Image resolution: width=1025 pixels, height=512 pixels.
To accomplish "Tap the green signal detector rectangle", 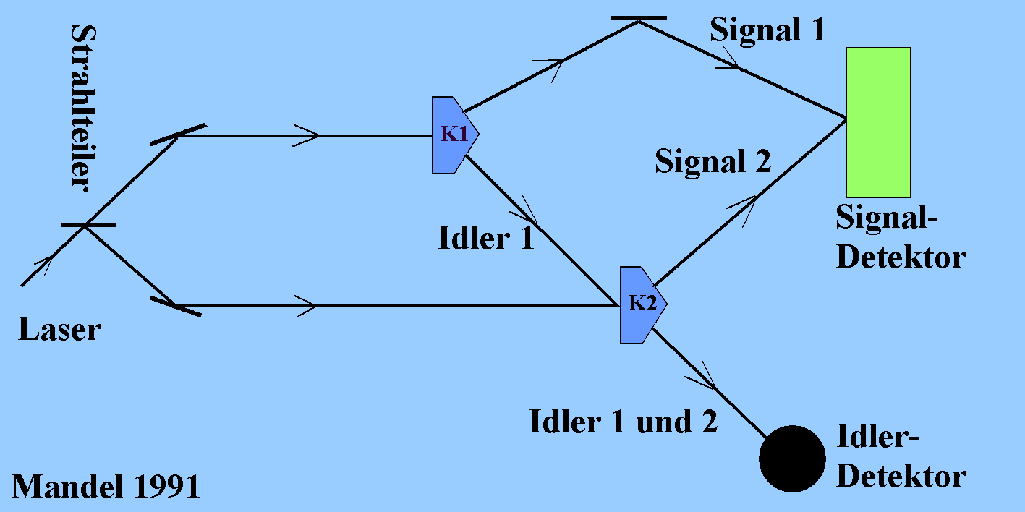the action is pyautogui.click(x=879, y=123).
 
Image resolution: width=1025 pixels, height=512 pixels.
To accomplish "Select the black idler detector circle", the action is pyautogui.click(x=792, y=459).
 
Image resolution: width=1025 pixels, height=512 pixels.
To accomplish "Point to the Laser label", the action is pyautogui.click(x=59, y=329).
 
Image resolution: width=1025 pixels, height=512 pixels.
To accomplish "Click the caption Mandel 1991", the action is pyautogui.click(x=106, y=486).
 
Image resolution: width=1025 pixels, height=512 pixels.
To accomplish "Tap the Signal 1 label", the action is pyautogui.click(x=767, y=31).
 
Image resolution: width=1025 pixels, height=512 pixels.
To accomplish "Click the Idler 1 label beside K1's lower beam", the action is pyautogui.click(x=486, y=238).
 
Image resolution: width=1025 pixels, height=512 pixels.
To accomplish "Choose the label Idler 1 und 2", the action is pyautogui.click(x=624, y=422).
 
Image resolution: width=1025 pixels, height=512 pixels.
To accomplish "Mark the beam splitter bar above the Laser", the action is pyautogui.click(x=88, y=225).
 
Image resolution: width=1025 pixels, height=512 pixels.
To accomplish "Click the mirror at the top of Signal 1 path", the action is pyautogui.click(x=639, y=18).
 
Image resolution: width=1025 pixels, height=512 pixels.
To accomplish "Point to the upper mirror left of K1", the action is pyautogui.click(x=179, y=135).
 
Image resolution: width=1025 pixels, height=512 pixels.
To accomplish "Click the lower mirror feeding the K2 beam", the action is pyautogui.click(x=176, y=306).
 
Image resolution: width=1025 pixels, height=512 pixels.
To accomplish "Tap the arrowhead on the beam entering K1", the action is pyautogui.click(x=306, y=135).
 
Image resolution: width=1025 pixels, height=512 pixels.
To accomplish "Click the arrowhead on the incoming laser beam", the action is pyautogui.click(x=43, y=265).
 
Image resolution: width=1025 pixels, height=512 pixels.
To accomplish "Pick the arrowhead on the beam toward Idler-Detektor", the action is pyautogui.click(x=700, y=375).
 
